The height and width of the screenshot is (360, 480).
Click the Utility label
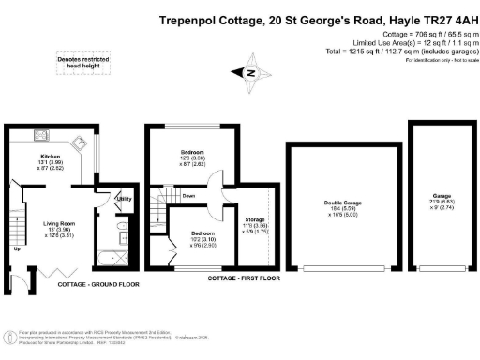(121, 200)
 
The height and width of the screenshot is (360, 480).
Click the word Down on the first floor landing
(188, 196)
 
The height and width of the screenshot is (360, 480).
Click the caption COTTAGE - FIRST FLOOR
(231, 277)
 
